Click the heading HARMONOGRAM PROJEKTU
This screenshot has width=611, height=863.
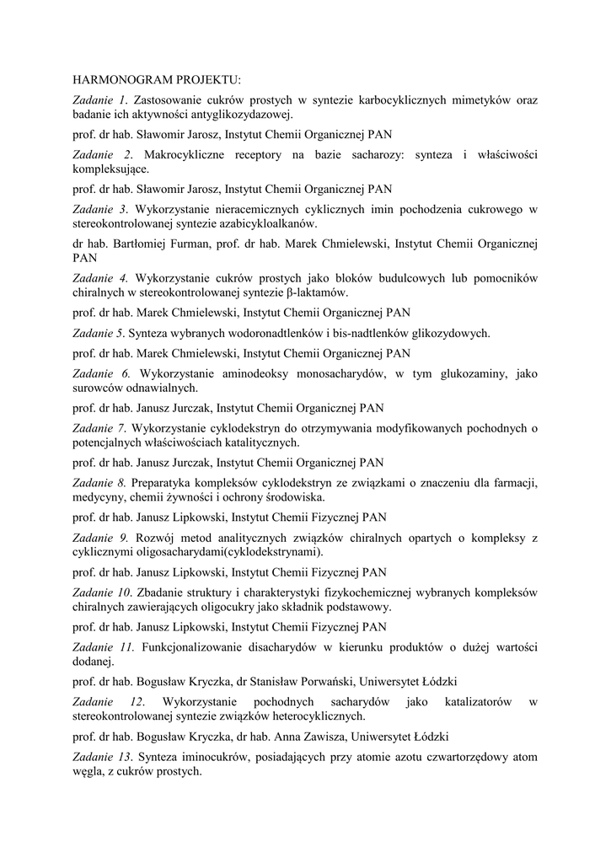tap(157, 80)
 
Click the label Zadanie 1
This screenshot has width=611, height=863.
tap(98, 99)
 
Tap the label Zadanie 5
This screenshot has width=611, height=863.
tap(98, 332)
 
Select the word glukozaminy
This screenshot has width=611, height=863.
tap(480, 373)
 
